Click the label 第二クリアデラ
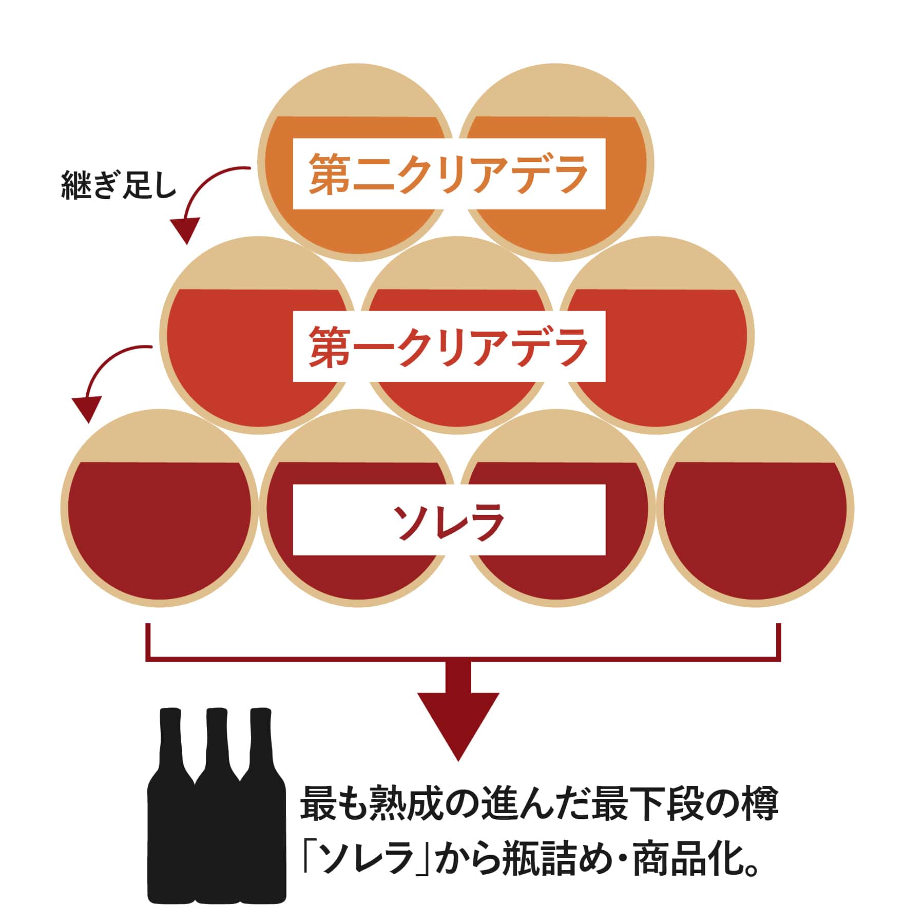(449, 174)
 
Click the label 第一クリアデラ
(449, 346)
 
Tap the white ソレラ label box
(449, 519)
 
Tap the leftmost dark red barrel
(159, 529)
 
